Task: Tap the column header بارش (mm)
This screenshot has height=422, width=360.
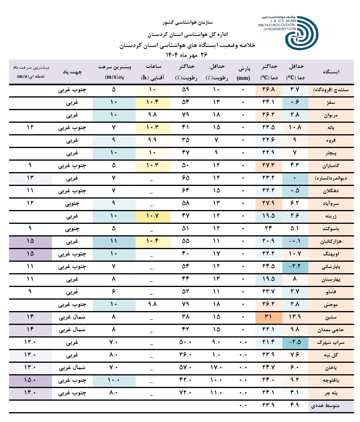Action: point(243,72)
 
